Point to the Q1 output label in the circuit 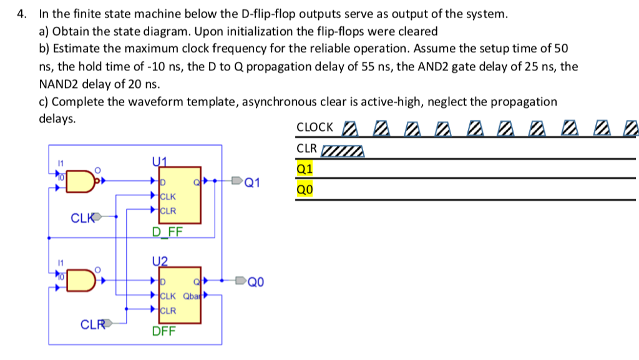[x=253, y=183]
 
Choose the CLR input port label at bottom [x=94, y=324]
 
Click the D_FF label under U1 [x=167, y=232]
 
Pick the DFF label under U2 [x=164, y=331]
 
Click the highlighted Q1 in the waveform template [x=305, y=168]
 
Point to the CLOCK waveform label [x=315, y=127]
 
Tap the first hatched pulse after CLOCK [x=351, y=129]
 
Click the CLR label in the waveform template [x=307, y=148]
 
